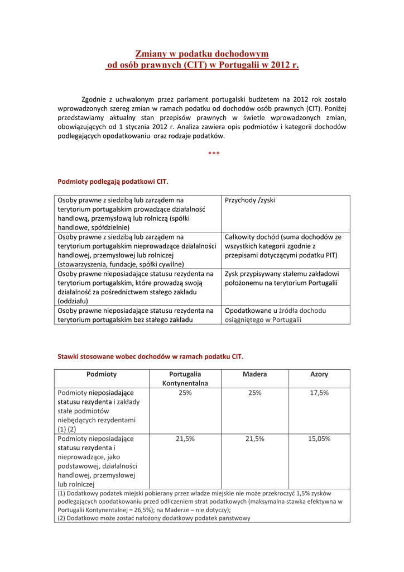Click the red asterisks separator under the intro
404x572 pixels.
(213, 154)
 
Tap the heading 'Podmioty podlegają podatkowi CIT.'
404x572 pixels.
(113, 182)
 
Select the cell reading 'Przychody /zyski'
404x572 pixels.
(250, 200)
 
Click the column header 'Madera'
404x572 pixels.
(254, 374)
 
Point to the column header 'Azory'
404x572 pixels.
(319, 374)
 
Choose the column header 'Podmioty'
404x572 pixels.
(102, 374)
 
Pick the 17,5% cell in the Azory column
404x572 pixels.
(319, 393)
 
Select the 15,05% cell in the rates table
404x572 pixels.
(319, 438)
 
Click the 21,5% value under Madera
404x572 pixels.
(254, 438)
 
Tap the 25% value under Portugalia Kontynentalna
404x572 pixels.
(185, 393)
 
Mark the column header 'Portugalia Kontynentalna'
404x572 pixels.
(185, 379)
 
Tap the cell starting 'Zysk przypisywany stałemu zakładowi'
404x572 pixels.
(281, 278)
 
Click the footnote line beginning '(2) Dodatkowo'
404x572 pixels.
(154, 518)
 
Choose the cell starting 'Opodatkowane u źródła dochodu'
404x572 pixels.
(275, 315)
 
